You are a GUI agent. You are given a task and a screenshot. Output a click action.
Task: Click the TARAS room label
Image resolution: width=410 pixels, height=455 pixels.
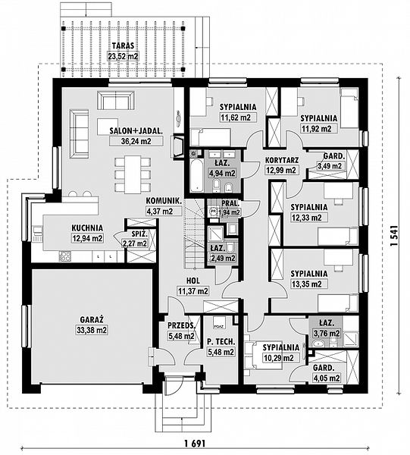123,45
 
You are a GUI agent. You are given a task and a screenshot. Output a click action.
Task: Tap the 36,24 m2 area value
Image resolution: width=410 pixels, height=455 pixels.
136,141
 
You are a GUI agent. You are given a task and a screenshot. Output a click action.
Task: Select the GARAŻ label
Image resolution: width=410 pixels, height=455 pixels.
92,319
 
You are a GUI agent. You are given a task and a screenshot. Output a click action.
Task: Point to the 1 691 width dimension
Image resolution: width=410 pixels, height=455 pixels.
195,443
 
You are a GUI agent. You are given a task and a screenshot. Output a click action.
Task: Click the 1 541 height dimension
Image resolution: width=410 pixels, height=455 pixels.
393,236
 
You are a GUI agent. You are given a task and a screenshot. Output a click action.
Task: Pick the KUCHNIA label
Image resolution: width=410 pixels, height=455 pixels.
87,228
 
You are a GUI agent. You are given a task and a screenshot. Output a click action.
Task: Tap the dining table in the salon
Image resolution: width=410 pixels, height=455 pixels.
133,174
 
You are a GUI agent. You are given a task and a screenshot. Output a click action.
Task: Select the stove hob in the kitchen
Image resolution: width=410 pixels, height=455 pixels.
64,256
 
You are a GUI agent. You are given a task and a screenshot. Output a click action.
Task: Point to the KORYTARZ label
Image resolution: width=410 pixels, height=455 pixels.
282,160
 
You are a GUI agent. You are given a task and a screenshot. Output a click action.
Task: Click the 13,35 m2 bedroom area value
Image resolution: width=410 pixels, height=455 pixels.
308,284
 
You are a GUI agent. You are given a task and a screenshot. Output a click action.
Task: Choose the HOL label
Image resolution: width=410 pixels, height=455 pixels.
192,281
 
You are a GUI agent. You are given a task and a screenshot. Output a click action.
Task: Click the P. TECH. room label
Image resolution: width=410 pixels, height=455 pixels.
221,342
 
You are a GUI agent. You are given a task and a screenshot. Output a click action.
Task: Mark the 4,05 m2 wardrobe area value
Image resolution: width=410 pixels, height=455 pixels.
327,378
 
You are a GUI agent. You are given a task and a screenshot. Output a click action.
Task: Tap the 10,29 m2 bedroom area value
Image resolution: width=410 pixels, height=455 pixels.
278,357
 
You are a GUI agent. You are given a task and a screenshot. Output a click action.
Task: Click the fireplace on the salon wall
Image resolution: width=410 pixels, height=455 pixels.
179,146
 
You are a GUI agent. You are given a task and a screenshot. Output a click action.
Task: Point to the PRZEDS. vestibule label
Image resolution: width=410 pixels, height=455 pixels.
181,325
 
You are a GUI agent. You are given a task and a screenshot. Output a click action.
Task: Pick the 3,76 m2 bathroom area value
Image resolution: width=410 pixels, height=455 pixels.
326,334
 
